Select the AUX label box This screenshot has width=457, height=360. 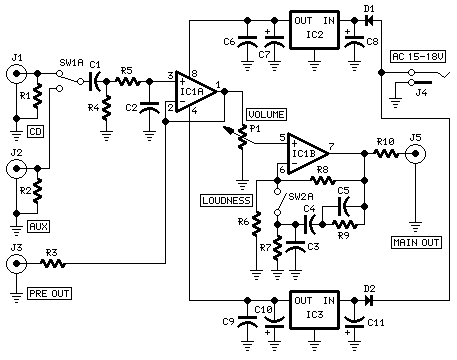click(x=39, y=227)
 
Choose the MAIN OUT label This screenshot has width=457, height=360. click(x=415, y=240)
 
